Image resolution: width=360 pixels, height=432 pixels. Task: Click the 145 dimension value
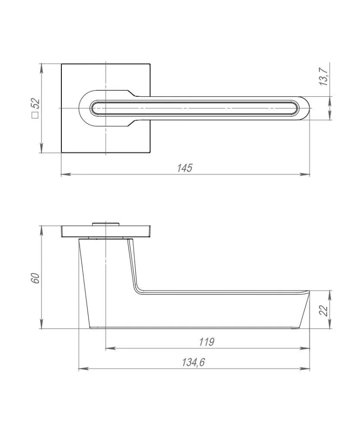(x=185, y=168)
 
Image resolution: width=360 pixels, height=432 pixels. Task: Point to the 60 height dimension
(x=36, y=278)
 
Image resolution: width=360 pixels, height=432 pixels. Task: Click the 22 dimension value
(x=325, y=311)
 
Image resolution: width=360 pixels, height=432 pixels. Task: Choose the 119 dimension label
(x=207, y=342)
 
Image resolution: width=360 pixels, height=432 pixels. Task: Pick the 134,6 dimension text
(x=193, y=362)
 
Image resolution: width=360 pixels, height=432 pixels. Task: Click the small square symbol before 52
(x=35, y=115)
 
